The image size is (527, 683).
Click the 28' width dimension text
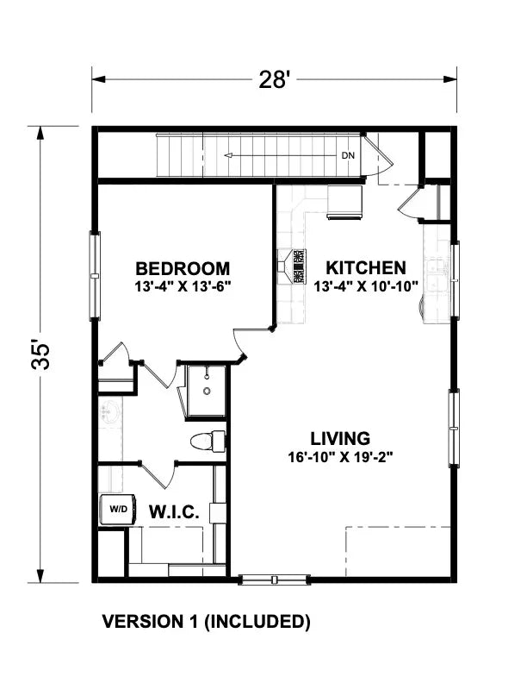click(x=275, y=79)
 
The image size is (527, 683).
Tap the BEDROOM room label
click(x=183, y=268)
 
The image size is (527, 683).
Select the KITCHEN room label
click(x=360, y=267)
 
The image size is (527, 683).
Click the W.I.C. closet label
click(x=175, y=512)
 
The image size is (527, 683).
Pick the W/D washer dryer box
click(x=117, y=509)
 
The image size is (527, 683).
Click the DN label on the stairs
click(x=348, y=156)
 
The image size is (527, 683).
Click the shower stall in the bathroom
click(x=206, y=391)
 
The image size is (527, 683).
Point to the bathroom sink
click(x=111, y=412)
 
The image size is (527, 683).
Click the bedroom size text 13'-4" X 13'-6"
click(x=183, y=285)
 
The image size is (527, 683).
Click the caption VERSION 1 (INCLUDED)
click(x=206, y=621)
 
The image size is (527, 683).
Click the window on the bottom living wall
click(x=274, y=580)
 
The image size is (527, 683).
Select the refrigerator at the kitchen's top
click(x=345, y=202)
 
